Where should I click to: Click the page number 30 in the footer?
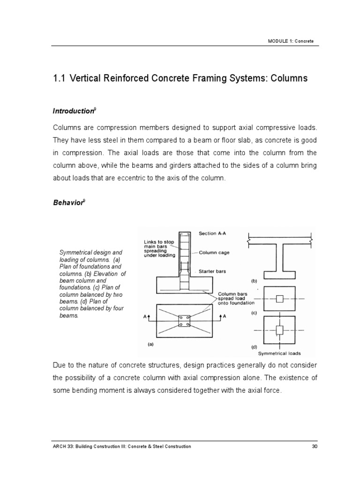pos(315,447)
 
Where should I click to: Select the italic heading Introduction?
pos(74,111)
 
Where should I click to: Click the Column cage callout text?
pos(215,252)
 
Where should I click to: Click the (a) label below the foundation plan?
pos(150,344)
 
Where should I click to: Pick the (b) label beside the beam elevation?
pos(254,281)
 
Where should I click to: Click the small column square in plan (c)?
pos(279,299)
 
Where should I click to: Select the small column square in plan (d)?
pos(279,330)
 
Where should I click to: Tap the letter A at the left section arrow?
pos(145,317)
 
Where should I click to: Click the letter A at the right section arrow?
pos(225,317)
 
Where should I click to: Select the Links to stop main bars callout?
pos(159,248)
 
